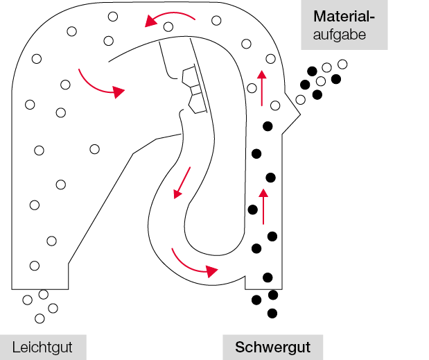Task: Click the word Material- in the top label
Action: (344, 17)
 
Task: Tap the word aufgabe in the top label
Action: (340, 35)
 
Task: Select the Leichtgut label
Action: (42, 348)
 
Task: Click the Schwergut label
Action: (273, 348)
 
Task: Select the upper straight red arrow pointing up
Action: (262, 88)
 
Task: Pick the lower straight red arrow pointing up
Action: (263, 207)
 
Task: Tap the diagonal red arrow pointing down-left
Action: (182, 182)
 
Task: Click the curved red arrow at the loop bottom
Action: (191, 267)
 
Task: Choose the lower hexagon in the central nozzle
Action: (197, 104)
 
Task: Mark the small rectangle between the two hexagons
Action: (196, 91)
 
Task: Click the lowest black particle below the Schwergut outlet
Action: (272, 314)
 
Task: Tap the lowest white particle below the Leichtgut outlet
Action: (40, 318)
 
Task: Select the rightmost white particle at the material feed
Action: (342, 65)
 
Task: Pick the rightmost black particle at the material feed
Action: (336, 79)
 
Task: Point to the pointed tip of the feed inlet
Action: (300, 114)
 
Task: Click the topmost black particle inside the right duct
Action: (268, 126)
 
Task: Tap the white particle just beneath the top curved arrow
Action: (168, 27)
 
